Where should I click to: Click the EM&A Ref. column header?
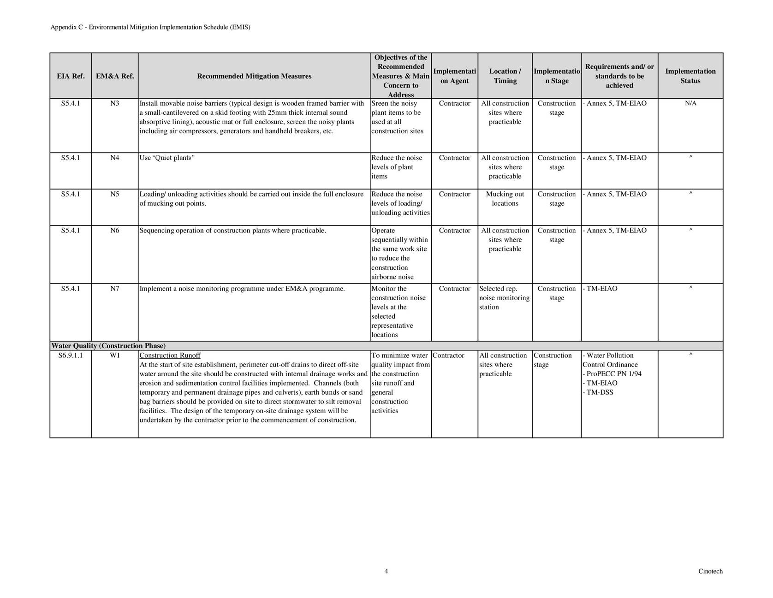point(115,76)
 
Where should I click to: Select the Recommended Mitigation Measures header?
point(254,76)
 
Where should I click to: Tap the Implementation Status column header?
point(690,76)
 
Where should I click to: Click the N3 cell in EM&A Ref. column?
point(115,103)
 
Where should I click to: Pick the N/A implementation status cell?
point(690,103)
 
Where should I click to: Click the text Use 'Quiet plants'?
point(166,158)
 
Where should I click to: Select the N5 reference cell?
point(115,194)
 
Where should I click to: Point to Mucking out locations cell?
point(505,199)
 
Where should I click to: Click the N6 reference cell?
point(115,231)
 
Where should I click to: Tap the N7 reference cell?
point(115,289)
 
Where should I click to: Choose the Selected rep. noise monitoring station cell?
point(504,298)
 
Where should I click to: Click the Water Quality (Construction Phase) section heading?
point(108,346)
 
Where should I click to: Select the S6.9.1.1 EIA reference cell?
point(71,355)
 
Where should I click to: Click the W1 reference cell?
point(115,355)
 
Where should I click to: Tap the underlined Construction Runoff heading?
point(170,355)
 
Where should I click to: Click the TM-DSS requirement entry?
point(600,392)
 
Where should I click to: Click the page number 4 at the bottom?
point(386,571)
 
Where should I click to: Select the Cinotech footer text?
point(710,571)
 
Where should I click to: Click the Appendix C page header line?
point(150,27)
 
